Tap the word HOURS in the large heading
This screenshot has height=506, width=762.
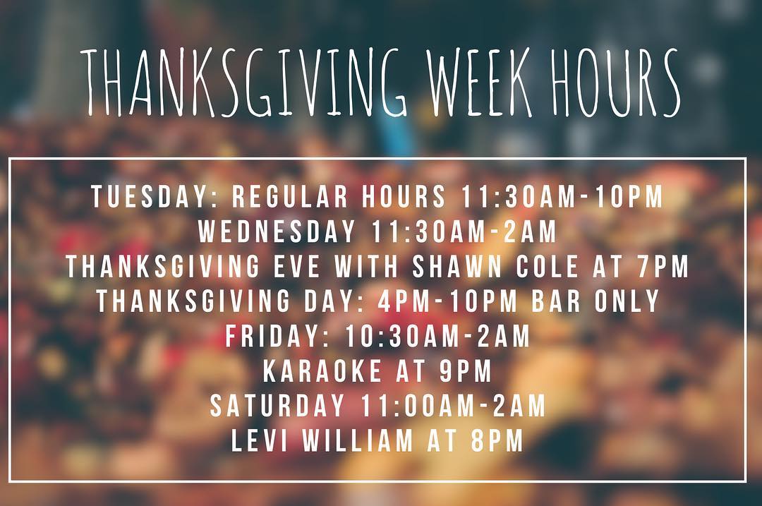(617, 83)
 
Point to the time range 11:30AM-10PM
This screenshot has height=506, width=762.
(562, 198)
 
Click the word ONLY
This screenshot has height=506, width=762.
(627, 301)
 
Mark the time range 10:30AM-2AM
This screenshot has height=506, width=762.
(437, 337)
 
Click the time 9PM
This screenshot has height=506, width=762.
(463, 371)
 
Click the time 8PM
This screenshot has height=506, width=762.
(494, 440)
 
